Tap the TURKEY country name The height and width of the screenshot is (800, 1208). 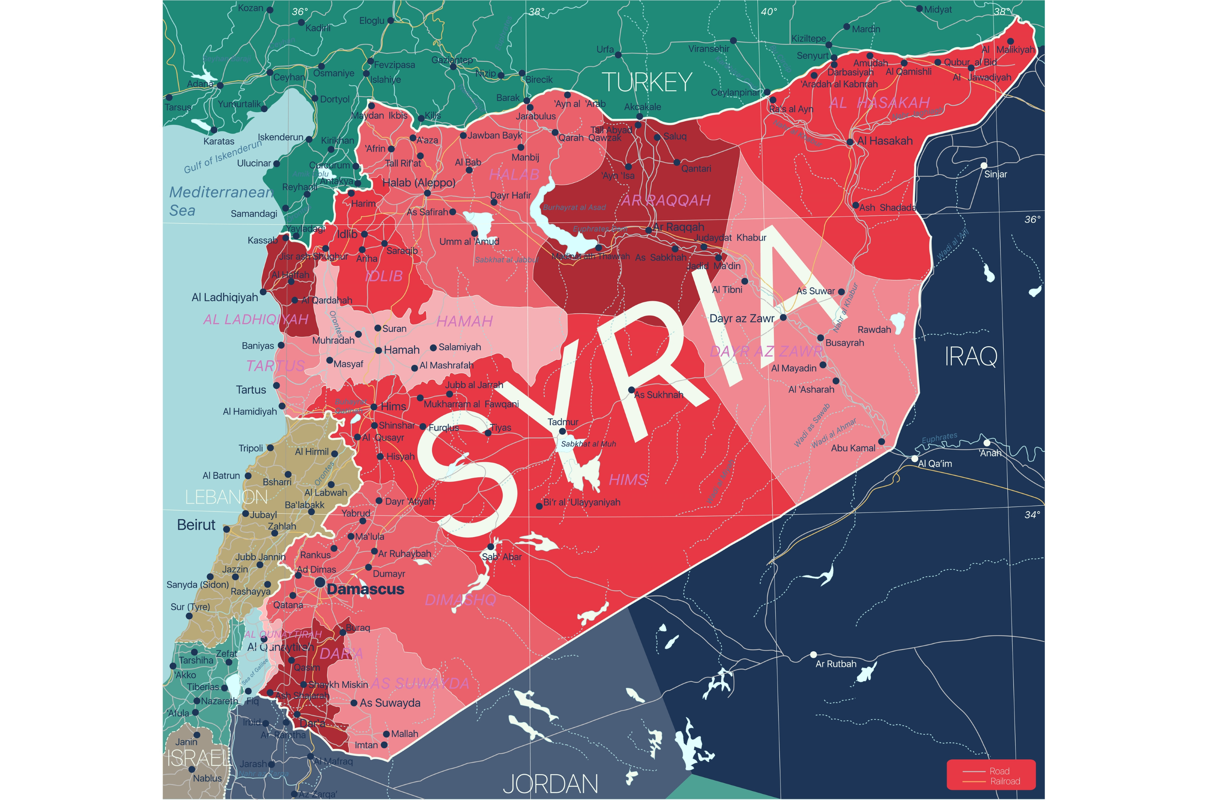(x=646, y=82)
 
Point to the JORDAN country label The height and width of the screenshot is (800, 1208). (x=550, y=784)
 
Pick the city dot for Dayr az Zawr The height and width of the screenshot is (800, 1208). (x=783, y=317)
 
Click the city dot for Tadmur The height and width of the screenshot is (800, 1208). (x=563, y=431)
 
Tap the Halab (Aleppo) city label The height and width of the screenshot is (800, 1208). (x=418, y=183)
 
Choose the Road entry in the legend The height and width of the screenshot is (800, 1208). (x=999, y=771)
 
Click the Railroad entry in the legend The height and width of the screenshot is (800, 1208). (x=1005, y=781)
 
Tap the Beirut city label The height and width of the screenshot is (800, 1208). (x=196, y=525)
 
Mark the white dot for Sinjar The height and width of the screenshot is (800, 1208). (x=984, y=165)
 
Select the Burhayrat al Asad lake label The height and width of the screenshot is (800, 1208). (x=574, y=207)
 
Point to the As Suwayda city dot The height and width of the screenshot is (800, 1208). (x=354, y=703)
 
